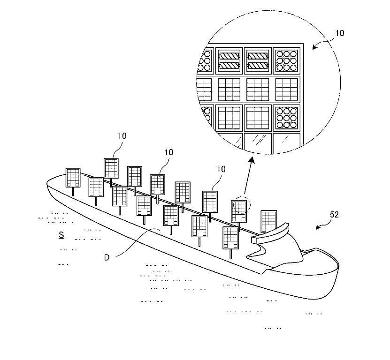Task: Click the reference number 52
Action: point(334,215)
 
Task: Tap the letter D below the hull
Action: point(107,257)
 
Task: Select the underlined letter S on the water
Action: point(61,234)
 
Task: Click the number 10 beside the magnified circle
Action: point(339,33)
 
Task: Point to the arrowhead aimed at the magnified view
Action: point(252,161)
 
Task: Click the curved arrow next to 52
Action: point(322,226)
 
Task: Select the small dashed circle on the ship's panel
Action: point(243,205)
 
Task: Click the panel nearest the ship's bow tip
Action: point(73,178)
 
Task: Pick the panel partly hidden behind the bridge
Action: point(268,220)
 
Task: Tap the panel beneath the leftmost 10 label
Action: point(111,168)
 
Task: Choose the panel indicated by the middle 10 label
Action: point(158,184)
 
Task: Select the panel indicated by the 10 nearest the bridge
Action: point(210,201)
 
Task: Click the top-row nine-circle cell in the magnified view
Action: point(286,60)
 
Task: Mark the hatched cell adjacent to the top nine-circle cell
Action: point(258,60)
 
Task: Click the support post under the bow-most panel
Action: point(73,191)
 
